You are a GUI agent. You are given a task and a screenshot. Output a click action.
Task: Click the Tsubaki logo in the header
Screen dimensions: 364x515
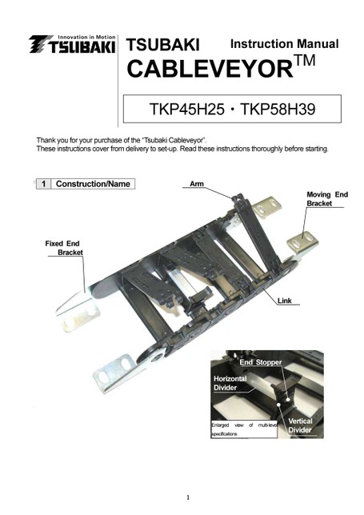pyautogui.click(x=72, y=44)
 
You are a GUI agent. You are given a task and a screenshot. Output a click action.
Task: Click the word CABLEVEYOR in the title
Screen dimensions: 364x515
pyautogui.click(x=210, y=69)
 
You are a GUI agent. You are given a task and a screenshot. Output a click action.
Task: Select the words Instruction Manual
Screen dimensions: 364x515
pyautogui.click(x=284, y=44)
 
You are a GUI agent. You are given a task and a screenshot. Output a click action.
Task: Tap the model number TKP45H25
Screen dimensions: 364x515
pyautogui.click(x=187, y=109)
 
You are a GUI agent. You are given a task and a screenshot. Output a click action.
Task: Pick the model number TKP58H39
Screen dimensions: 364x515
pyautogui.click(x=278, y=109)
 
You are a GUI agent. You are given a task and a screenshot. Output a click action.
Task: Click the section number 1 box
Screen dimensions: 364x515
pyautogui.click(x=43, y=184)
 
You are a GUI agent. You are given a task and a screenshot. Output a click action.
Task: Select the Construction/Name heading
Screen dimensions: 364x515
pyautogui.click(x=93, y=184)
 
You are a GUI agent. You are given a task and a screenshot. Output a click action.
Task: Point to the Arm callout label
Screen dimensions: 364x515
pyautogui.click(x=197, y=184)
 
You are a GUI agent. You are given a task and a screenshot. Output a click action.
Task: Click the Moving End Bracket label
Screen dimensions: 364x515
pyautogui.click(x=327, y=199)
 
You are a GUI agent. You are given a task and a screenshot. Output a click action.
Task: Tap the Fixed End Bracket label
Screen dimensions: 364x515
pyautogui.click(x=64, y=248)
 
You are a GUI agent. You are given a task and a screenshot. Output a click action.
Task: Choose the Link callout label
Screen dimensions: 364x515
pyautogui.click(x=285, y=301)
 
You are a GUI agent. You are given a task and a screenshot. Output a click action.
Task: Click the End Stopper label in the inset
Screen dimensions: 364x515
pyautogui.click(x=261, y=362)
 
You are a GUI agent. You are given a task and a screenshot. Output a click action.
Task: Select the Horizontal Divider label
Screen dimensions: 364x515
pyautogui.click(x=230, y=383)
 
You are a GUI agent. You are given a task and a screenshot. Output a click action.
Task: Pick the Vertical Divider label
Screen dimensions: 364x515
pyautogui.click(x=300, y=425)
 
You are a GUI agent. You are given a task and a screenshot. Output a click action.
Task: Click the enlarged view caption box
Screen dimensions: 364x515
pyautogui.click(x=244, y=429)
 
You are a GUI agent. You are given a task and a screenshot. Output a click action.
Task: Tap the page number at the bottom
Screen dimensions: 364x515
pyautogui.click(x=188, y=497)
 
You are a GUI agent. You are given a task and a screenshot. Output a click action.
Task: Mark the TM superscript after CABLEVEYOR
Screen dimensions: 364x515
pyautogui.click(x=305, y=61)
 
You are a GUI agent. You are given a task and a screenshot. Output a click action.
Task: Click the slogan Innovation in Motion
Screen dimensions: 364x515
pyautogui.click(x=86, y=37)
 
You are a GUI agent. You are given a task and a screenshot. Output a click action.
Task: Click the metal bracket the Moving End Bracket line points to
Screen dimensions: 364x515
pyautogui.click(x=302, y=244)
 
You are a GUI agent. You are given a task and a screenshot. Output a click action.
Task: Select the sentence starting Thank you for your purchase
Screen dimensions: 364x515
pyautogui.click(x=122, y=141)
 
